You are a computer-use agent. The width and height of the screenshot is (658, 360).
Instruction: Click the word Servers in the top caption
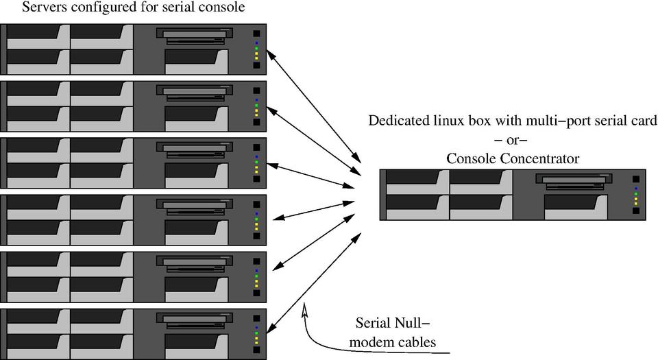click(x=47, y=8)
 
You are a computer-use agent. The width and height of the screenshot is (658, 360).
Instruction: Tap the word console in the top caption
click(x=221, y=8)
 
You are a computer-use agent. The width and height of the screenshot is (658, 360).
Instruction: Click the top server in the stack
click(x=134, y=48)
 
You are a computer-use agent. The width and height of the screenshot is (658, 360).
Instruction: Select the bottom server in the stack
click(x=134, y=335)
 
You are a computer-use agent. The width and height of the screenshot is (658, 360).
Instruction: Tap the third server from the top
click(x=134, y=163)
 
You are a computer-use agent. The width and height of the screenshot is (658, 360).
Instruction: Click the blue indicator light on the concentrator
click(x=636, y=187)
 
